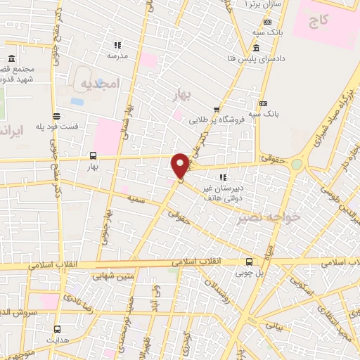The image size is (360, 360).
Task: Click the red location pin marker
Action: click(x=180, y=165)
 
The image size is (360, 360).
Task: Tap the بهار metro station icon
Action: click(x=94, y=156)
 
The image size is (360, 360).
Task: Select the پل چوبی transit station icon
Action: click(x=249, y=262)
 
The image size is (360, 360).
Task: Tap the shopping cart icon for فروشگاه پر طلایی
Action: click(x=217, y=110)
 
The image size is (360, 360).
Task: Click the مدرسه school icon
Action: click(x=116, y=45)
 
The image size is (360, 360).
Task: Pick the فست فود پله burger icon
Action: click(x=56, y=116)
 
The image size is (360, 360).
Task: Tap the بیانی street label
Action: click(x=277, y=326)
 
